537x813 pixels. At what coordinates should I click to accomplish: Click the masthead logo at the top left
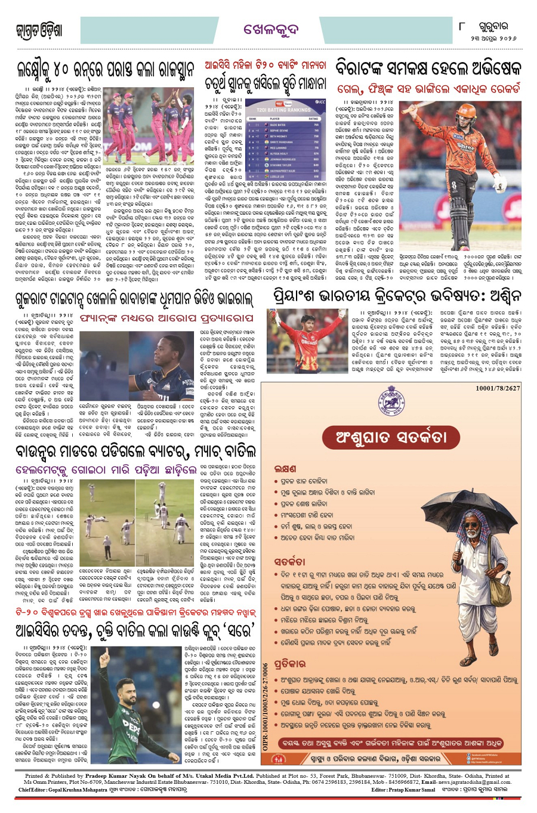pos(39,30)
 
